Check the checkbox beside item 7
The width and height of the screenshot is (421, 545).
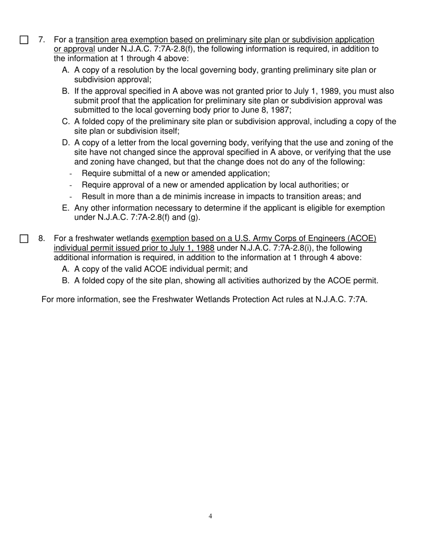pyautogui.click(x=24, y=40)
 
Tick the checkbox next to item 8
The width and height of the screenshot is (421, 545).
pyautogui.click(x=24, y=239)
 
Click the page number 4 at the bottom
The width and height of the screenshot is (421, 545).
pyautogui.click(x=210, y=516)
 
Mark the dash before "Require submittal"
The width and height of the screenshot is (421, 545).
pyautogui.click(x=70, y=174)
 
